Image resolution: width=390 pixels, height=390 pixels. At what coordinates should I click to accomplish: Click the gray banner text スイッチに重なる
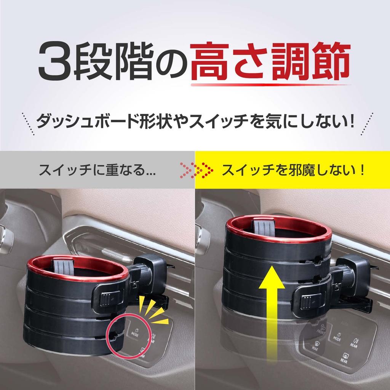tap(97, 170)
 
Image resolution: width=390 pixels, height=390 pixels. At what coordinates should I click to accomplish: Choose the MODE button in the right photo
tap(337, 337)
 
